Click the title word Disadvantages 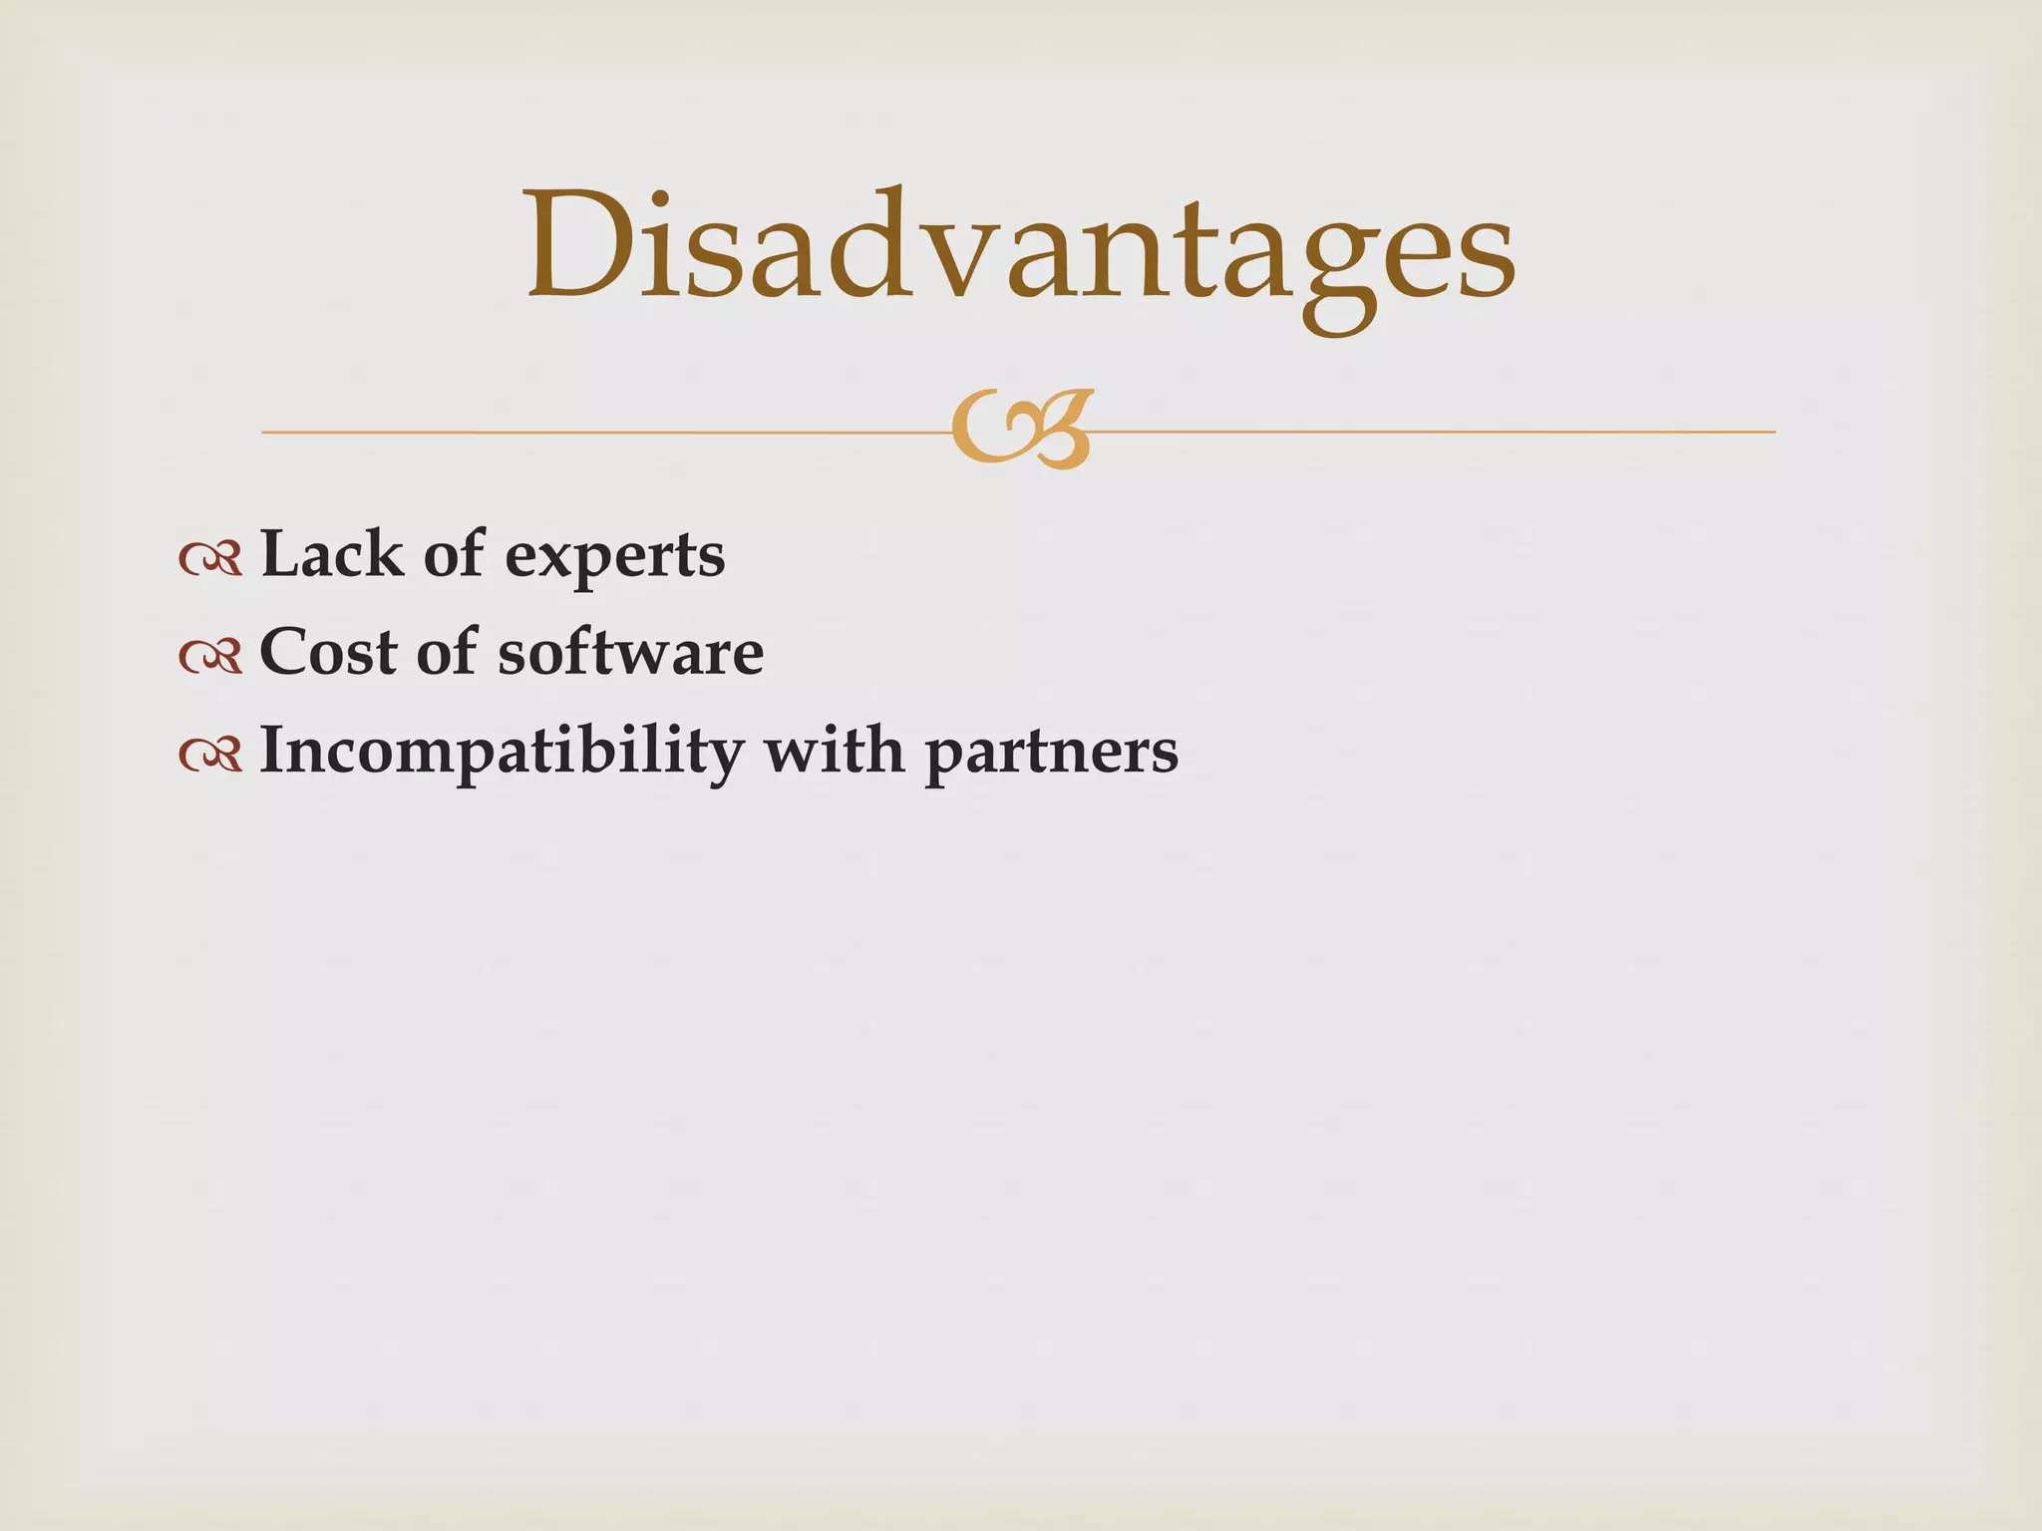coord(1020,249)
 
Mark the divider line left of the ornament coord(598,432)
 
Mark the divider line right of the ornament coord(1436,432)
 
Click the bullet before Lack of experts coord(210,559)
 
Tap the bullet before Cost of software coord(210,656)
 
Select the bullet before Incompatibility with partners coord(210,755)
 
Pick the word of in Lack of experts coord(454,553)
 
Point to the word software coord(630,652)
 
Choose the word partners coord(1051,755)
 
